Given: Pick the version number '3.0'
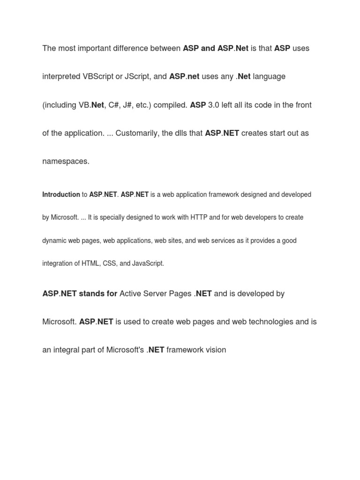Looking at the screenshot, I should coord(214,105).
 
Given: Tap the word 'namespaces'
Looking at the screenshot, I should coord(65,161).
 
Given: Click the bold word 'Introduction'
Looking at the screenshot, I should coord(61,195).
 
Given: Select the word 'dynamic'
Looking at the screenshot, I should coord(55,240).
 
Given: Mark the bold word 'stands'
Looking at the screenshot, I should coord(91,294).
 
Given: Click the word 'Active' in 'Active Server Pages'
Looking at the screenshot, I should coord(131,294).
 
